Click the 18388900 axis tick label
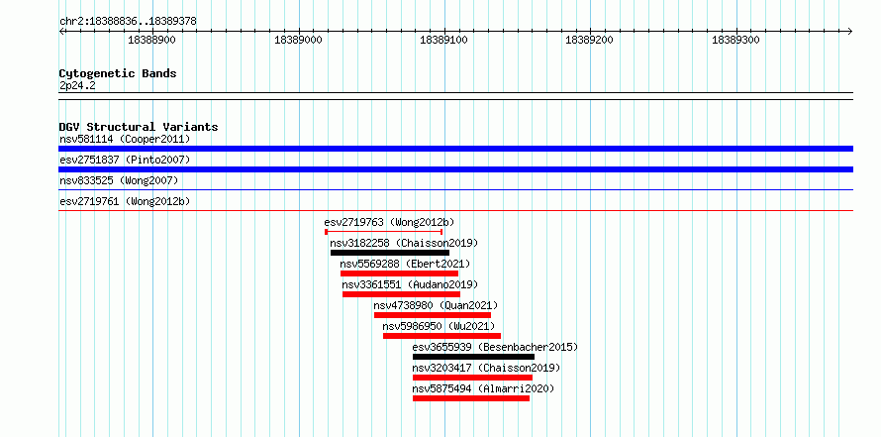151,40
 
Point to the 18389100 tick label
443,40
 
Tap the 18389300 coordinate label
735,40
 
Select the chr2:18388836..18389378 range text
128,22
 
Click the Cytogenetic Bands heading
118,73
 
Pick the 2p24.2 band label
76,86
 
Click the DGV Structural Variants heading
139,127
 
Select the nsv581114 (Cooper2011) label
125,139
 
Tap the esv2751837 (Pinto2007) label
125,160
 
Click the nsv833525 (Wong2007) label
119,180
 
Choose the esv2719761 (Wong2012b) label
125,201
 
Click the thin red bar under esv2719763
384,232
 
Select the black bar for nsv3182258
390,253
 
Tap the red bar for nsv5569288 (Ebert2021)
399,273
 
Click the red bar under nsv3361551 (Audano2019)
401,294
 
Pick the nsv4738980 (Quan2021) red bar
433,315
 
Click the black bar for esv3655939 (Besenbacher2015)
473,357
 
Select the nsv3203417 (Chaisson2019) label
487,368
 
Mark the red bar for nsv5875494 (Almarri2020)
471,398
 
